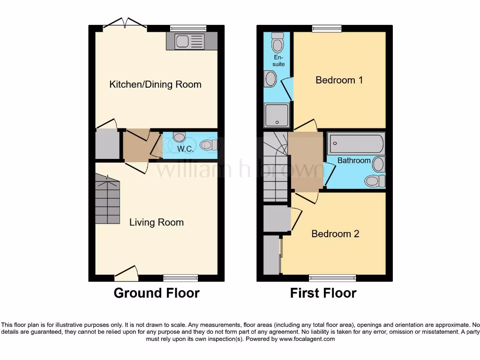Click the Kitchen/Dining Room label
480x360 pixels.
[x=155, y=84]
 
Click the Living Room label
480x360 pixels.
[x=156, y=222]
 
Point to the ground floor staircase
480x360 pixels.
[x=107, y=199]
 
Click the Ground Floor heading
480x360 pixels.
[x=156, y=293]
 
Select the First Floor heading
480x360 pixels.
[x=323, y=293]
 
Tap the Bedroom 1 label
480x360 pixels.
[x=339, y=80]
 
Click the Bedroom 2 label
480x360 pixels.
[x=335, y=233]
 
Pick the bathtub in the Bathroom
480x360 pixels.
[x=356, y=143]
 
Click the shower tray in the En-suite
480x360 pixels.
[x=277, y=115]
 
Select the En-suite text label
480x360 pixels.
[x=278, y=61]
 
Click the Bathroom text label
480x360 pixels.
[x=354, y=160]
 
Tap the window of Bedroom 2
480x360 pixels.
[x=332, y=278]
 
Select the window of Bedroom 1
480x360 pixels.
[x=327, y=29]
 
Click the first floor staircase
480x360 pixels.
[x=275, y=166]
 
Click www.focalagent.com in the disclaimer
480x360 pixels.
[x=307, y=339]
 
